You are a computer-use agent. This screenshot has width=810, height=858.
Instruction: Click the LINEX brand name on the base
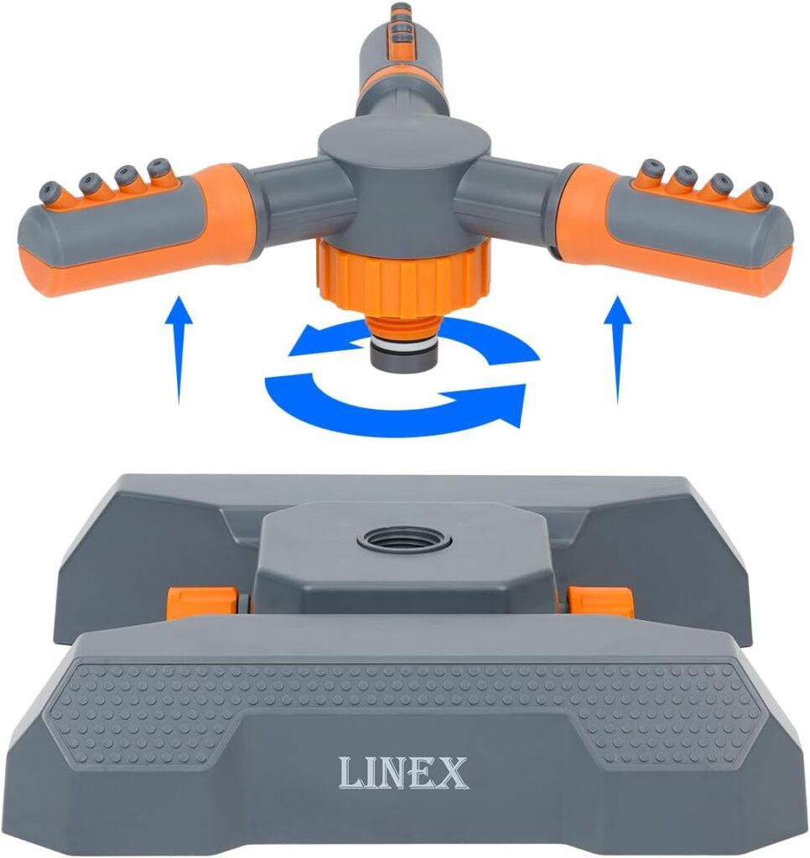(x=402, y=772)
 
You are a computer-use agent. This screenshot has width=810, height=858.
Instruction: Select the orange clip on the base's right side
(x=601, y=601)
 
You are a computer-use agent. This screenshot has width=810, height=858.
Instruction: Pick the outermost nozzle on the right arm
(x=761, y=192)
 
